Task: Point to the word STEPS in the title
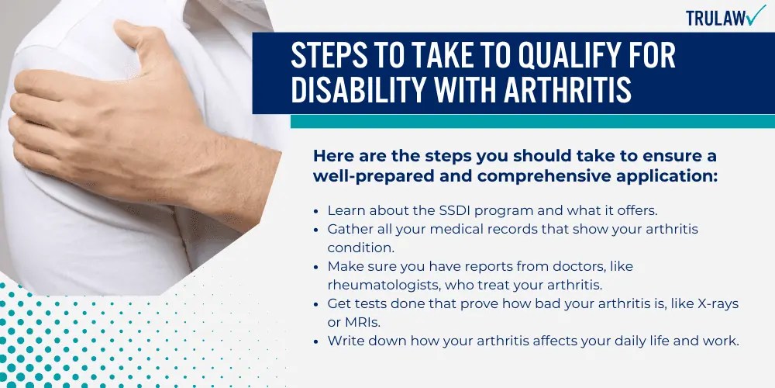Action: point(329,57)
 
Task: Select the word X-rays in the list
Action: point(719,303)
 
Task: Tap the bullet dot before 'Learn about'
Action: point(318,211)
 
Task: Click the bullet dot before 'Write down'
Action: point(318,341)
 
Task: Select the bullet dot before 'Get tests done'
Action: point(318,303)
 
